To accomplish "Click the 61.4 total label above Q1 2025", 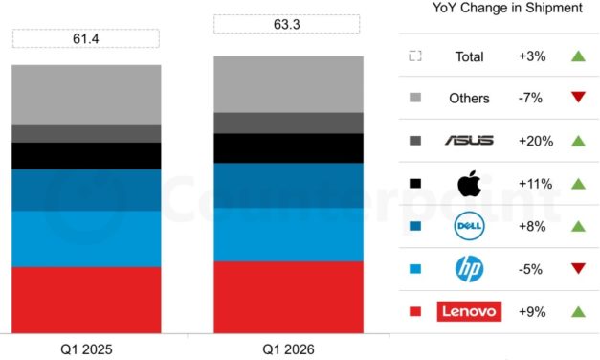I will click(85, 38).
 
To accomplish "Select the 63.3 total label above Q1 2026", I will click(287, 24).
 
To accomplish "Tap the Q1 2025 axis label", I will click(85, 349).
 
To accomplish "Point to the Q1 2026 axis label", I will click(288, 349).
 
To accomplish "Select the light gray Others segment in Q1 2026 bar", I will click(288, 84).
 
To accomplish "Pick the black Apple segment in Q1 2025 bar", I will click(86, 156).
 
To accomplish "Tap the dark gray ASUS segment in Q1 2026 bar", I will click(288, 123).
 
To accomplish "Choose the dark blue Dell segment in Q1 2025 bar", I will click(86, 190).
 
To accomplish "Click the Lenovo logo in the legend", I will click(468, 311).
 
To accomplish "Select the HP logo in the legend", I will click(468, 269).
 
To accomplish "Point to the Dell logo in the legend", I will click(468, 226).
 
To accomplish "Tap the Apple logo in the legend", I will click(468, 183).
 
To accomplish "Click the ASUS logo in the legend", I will click(468, 141).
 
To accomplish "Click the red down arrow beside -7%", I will click(577, 98).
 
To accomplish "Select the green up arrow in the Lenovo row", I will click(577, 311).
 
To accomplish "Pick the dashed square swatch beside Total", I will click(414, 56).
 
